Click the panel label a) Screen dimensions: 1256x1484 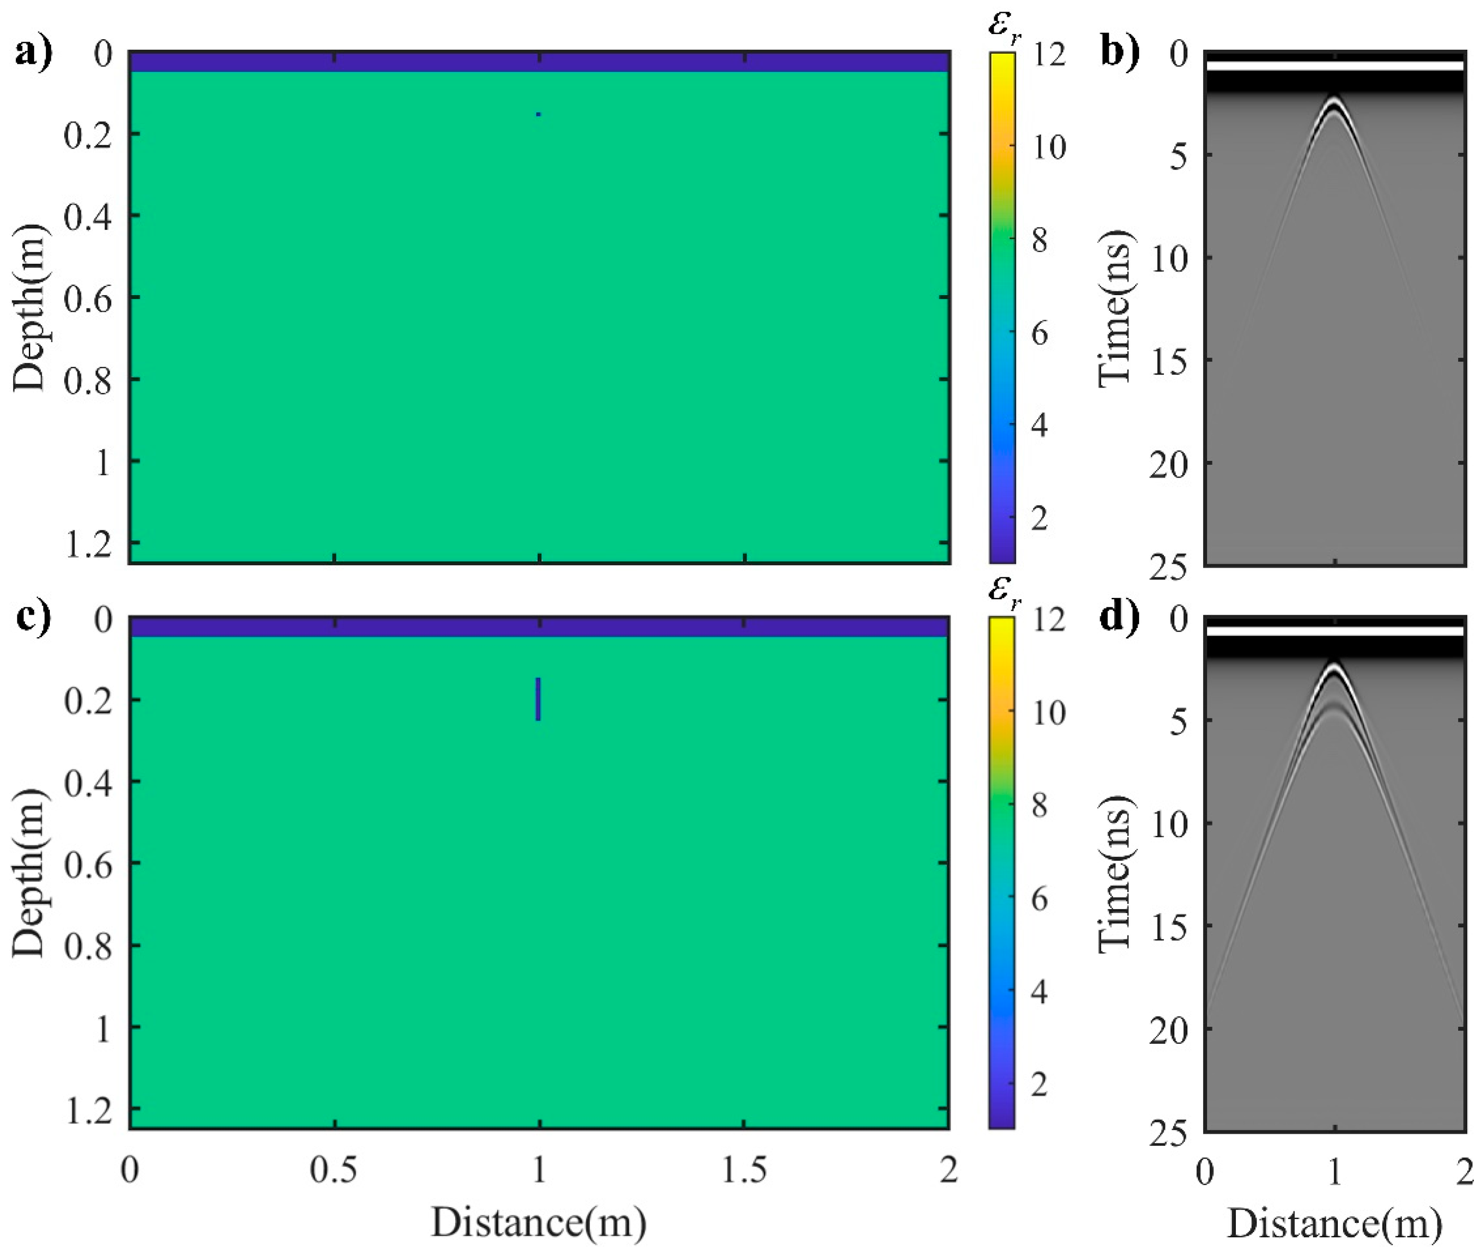click(34, 53)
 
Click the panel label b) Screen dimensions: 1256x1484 click(1119, 53)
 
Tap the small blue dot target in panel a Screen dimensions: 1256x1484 click(538, 114)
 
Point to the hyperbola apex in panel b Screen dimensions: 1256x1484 click(1334, 100)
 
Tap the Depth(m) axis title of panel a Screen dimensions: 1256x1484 click(30, 308)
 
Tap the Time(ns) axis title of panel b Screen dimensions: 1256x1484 click(1115, 308)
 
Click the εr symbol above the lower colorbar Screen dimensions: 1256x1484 click(1004, 592)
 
